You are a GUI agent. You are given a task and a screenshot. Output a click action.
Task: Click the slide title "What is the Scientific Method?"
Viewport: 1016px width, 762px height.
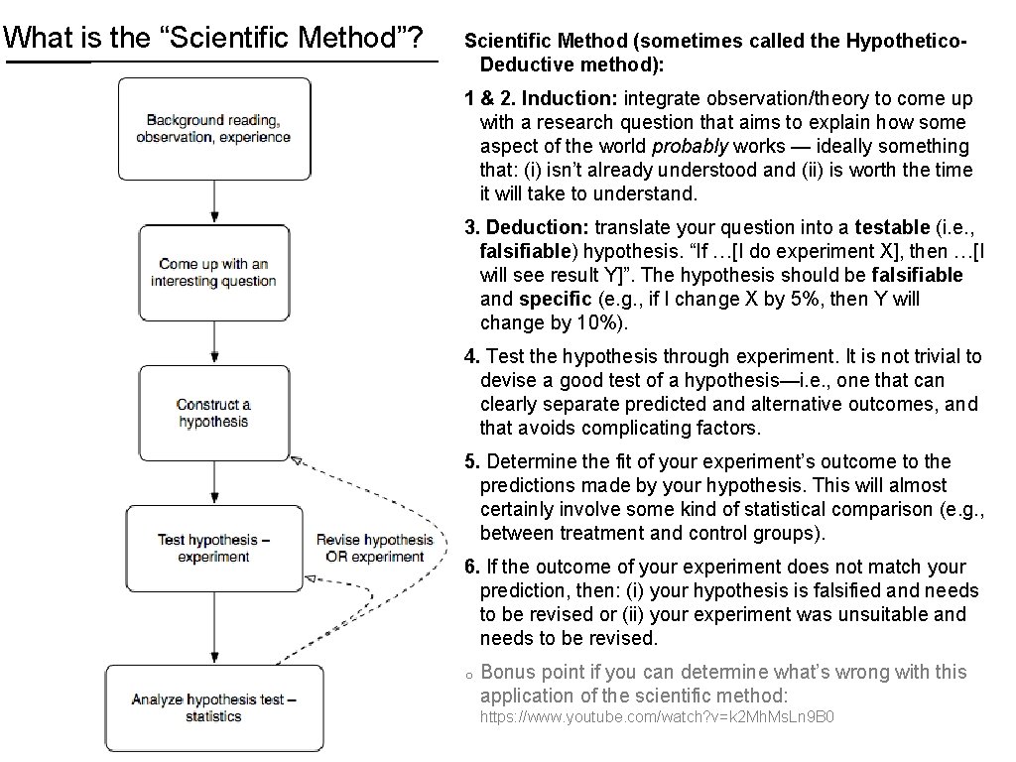[x=214, y=39]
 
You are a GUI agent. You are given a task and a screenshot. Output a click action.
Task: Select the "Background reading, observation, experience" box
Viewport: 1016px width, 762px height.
[x=213, y=128]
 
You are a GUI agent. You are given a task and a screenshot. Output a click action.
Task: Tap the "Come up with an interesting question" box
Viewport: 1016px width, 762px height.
[x=213, y=272]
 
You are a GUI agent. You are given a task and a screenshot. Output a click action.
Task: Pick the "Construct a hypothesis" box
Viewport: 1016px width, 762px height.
[x=213, y=413]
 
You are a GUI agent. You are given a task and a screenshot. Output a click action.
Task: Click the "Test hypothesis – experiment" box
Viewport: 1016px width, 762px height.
[x=213, y=548]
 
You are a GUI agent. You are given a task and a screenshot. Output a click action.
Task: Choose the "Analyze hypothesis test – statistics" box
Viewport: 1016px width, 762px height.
[x=213, y=707]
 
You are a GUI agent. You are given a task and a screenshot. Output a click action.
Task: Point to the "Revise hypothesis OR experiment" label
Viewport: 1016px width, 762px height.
[x=374, y=548]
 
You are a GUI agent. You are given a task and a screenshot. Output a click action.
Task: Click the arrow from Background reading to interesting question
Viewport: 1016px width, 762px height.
[x=214, y=202]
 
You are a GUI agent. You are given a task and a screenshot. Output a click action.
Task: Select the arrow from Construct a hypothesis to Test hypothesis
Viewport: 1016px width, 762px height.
[x=214, y=482]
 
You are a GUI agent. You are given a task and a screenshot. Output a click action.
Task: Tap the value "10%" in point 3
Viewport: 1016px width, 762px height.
[x=607, y=322]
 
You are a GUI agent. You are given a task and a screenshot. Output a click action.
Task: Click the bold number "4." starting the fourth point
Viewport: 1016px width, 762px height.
[x=472, y=356]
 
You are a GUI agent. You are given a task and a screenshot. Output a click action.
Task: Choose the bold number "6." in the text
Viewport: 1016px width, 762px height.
[x=472, y=567]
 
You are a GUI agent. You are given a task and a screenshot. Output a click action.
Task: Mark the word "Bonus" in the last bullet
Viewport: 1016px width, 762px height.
[x=508, y=672]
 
